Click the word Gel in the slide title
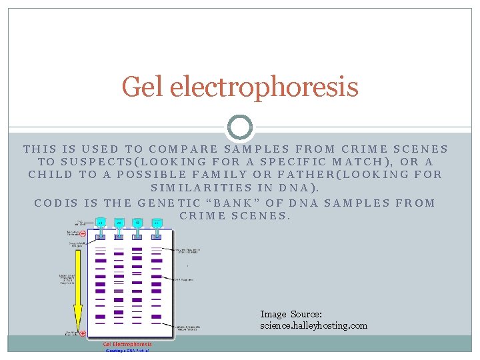pos(143,87)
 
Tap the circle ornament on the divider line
pos(240,127)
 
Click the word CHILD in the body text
pos(50,175)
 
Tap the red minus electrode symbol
pos(83,234)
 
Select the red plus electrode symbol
pos(83,333)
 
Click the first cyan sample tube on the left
pos(100,223)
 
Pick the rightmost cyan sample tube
pos(157,223)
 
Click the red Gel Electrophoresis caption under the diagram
pos(127,344)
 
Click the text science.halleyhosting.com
pos(313,325)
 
